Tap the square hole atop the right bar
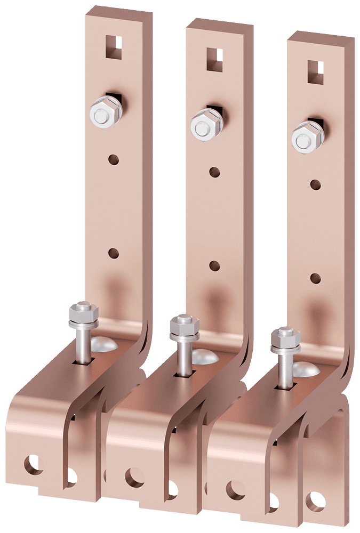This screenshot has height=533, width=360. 316,70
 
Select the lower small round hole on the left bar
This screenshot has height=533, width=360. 114,253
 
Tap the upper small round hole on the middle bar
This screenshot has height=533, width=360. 214,172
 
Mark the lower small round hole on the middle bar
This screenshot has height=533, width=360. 214,265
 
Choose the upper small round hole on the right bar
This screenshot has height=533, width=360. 315,185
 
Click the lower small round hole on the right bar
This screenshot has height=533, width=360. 315,278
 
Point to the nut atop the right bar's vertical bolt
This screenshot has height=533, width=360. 284,338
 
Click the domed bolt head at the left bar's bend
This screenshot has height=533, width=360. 104,344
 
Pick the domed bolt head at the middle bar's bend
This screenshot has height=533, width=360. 204,357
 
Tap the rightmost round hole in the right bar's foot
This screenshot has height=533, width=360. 316,500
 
